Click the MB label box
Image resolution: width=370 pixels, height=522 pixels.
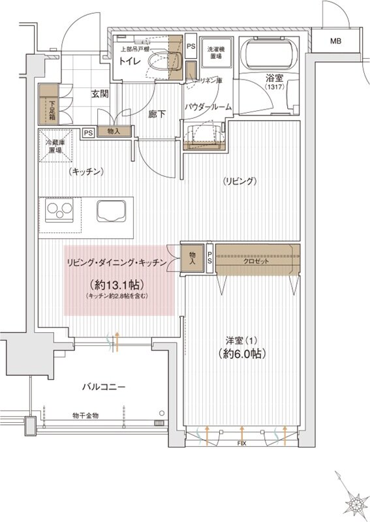(335, 41)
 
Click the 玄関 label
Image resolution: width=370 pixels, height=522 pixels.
(100, 94)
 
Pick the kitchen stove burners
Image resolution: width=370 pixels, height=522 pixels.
(60, 213)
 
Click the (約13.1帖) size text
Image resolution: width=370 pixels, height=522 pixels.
(116, 285)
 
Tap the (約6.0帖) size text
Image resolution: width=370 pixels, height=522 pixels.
(241, 354)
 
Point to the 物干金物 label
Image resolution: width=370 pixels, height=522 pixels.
(85, 415)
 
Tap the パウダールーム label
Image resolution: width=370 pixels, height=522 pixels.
(208, 106)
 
